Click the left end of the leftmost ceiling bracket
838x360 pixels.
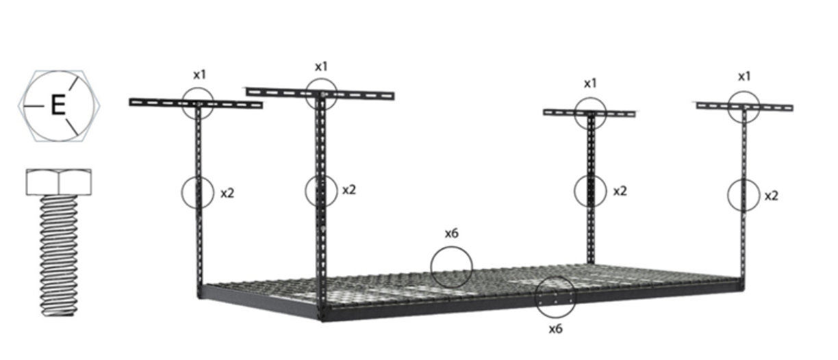point(130,102)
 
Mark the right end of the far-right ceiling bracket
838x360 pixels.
point(793,108)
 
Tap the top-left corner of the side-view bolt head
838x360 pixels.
point(26,170)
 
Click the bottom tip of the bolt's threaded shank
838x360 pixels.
point(59,316)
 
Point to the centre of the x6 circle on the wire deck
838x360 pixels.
point(451,267)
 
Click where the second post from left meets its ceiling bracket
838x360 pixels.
point(321,94)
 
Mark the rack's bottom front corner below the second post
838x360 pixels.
point(322,321)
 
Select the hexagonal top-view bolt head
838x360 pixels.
point(59,106)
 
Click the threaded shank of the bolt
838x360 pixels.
point(59,256)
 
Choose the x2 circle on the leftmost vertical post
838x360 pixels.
point(198,192)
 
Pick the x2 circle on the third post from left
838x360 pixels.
point(590,191)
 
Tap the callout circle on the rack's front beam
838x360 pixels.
point(555,297)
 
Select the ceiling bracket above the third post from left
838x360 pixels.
point(589,113)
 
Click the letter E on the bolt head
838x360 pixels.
point(58,105)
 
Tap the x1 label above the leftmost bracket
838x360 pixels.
point(200,75)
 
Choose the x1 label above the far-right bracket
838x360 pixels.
point(744,76)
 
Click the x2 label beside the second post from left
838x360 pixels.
point(349,190)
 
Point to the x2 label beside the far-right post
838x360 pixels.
point(771,196)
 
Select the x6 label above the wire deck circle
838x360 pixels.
point(452,233)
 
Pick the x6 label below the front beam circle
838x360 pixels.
point(555,329)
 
